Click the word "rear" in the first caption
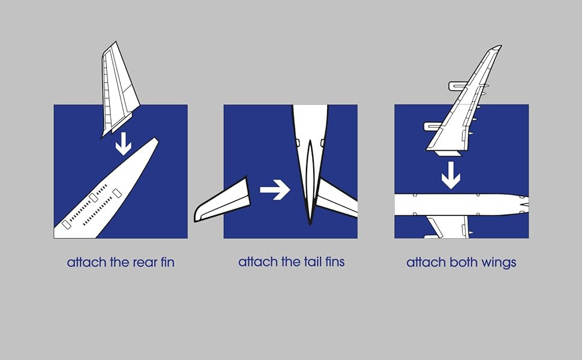click(145, 263)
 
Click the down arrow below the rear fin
click(123, 144)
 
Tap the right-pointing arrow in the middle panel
click(275, 190)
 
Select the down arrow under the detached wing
click(451, 175)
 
